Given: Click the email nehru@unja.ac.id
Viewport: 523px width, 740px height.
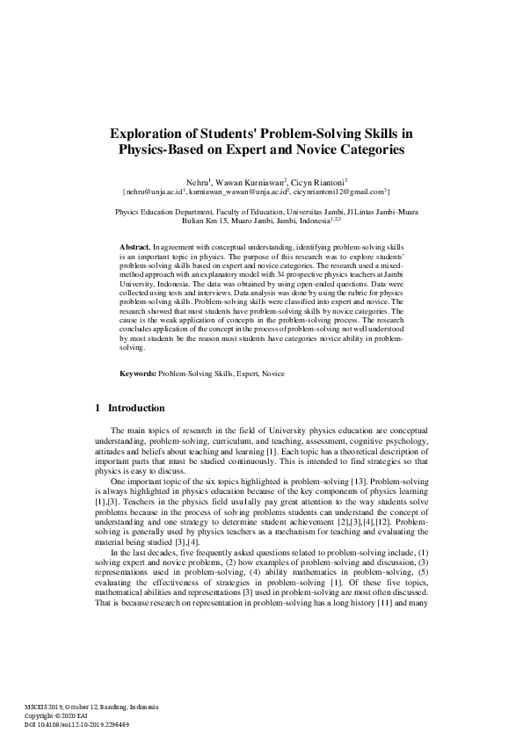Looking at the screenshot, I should [155, 190].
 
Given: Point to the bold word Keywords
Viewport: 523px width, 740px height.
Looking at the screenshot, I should [138, 374].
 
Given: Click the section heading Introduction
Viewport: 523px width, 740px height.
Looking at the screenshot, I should [135, 408].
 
